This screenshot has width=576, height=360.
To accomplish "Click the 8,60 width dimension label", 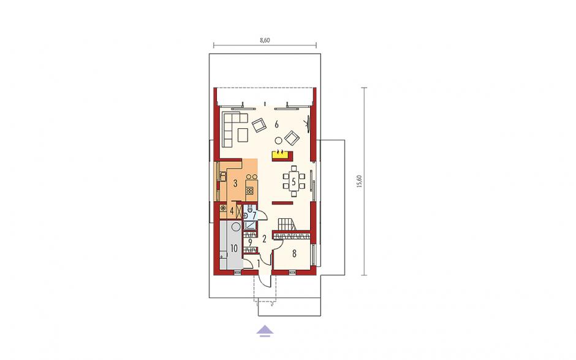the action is point(265,40).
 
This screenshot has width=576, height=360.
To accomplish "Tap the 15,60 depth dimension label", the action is point(359,181).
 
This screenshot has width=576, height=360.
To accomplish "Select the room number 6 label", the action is point(276,124).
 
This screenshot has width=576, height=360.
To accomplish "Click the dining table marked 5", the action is point(294,181).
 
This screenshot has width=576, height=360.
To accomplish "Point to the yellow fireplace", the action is point(282,156).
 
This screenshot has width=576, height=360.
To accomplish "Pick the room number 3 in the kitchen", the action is point(235,183).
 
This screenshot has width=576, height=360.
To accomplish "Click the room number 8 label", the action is point(294,253).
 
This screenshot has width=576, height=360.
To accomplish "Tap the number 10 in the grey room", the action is point(234,248).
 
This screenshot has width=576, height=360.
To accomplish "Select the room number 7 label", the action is point(254,215).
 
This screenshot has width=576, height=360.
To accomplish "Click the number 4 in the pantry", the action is point(232,211).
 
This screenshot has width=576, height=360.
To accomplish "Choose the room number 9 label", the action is point(250,242).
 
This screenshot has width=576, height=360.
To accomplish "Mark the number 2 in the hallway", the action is point(264,239).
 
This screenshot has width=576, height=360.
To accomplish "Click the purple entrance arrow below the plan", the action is point(265,331).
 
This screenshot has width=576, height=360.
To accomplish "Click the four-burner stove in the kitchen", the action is point(250,191).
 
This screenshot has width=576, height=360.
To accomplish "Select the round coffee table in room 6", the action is point(278,140).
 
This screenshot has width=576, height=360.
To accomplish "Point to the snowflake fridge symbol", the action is point(222,209).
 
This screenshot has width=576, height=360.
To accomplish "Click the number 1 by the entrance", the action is point(258,263).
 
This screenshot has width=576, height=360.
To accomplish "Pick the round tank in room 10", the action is point(236,226).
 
